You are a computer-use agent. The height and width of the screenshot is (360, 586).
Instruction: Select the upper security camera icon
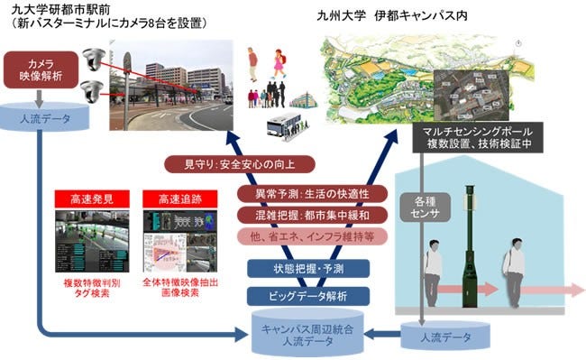click(90, 58)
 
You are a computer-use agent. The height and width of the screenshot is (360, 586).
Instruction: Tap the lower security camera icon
click(90, 91)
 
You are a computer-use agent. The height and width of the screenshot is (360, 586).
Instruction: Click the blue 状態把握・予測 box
click(294, 268)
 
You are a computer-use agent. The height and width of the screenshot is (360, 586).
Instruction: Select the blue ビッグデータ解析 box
click(294, 294)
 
